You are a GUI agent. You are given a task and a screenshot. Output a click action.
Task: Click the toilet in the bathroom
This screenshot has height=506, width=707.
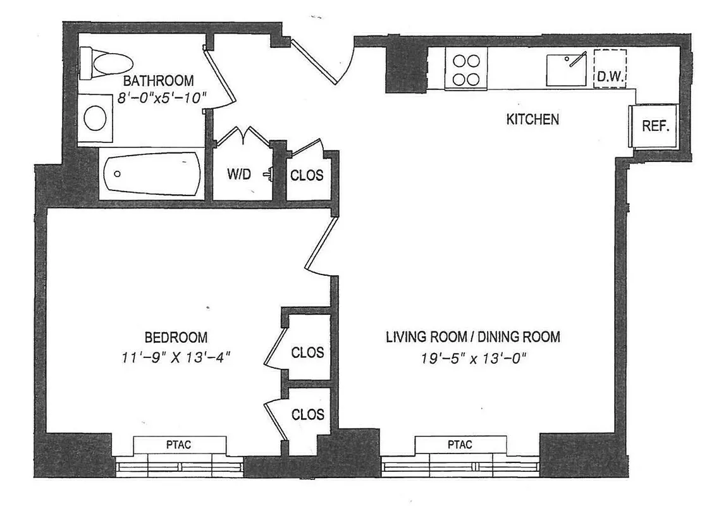pos(106,63)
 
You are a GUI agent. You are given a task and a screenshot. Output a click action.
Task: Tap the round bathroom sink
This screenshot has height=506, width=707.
pos(96,118)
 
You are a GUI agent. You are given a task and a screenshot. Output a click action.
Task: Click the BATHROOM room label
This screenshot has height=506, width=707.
pos(158,81)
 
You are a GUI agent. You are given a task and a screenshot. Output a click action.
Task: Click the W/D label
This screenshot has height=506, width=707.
pos(240,175)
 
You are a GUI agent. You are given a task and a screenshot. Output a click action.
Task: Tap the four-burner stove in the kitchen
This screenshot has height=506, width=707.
pos(467,69)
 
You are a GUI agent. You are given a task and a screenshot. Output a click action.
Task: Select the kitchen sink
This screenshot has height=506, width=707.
pos(567,69)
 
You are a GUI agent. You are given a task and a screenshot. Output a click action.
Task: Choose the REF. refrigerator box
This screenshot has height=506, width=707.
pos(655,126)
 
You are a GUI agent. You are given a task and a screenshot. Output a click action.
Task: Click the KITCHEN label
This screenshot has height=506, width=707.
pos(532,119)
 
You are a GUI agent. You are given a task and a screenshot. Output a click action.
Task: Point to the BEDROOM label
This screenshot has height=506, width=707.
pos(175,337)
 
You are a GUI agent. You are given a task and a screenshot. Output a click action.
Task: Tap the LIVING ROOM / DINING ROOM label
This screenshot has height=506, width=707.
pos(473,337)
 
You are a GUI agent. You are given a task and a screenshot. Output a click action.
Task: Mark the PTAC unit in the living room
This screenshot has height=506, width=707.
pos(460,445)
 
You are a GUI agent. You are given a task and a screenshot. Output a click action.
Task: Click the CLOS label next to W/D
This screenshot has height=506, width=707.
pos(307,175)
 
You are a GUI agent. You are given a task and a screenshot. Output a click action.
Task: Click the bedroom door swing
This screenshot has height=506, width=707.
pos(320,244)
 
